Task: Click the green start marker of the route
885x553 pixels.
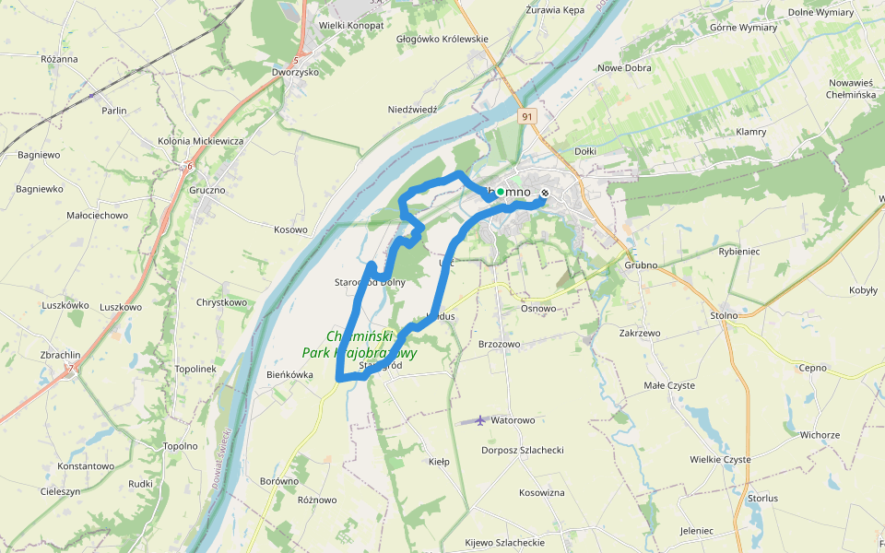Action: [x=501, y=192]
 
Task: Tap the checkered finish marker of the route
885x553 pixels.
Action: [x=545, y=194]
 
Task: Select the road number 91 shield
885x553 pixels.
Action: [x=526, y=117]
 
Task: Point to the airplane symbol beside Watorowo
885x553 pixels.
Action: [x=480, y=420]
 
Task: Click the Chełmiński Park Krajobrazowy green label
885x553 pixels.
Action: [x=360, y=345]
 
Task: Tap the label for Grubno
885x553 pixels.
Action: [x=641, y=265]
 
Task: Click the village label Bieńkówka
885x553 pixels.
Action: [x=289, y=375]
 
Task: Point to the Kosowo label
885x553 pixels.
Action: [x=290, y=229]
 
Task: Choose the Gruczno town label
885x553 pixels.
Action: [x=207, y=191]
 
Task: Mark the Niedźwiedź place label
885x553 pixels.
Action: [x=412, y=109]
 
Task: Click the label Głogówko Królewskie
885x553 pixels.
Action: [x=442, y=40]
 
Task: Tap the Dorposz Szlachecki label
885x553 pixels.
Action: [x=523, y=451]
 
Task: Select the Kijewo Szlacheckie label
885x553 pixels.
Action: [x=504, y=542]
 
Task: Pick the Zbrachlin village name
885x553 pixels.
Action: [x=61, y=355]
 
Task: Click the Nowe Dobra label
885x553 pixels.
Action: [x=624, y=68]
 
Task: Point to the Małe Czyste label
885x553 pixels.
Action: [x=669, y=385]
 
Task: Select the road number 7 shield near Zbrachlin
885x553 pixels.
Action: [x=69, y=369]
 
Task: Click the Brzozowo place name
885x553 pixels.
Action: [x=500, y=344]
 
